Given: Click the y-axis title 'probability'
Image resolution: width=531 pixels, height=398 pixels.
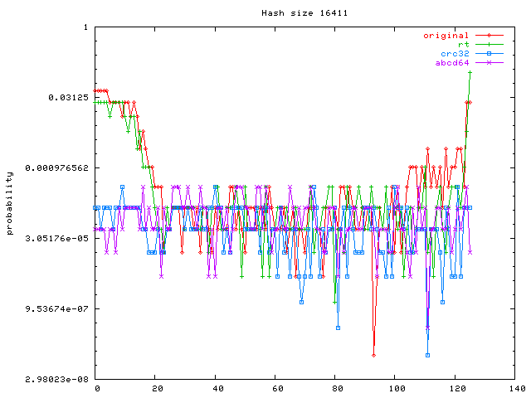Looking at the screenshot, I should coord(10,203).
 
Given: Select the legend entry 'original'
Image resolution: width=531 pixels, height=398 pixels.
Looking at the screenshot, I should coord(446,36).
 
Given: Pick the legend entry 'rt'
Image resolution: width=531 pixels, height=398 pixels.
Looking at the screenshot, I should coord(463,45).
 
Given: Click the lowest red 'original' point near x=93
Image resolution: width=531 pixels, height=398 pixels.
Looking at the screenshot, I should coord(374,355).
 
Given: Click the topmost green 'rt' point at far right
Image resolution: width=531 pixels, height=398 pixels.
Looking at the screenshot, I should coord(470,73).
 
